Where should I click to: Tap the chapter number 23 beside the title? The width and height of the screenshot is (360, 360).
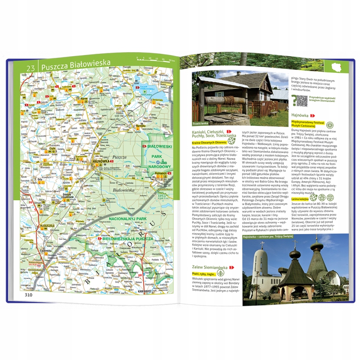[x=30, y=67]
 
